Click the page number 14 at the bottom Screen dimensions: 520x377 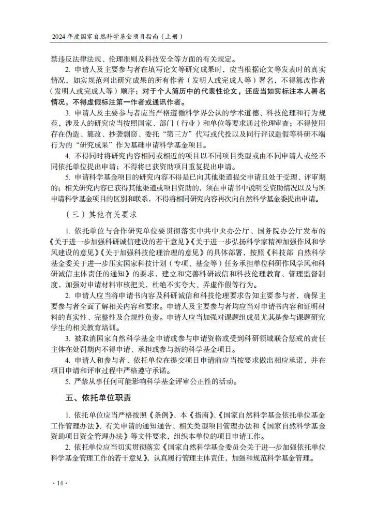point(60,483)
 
